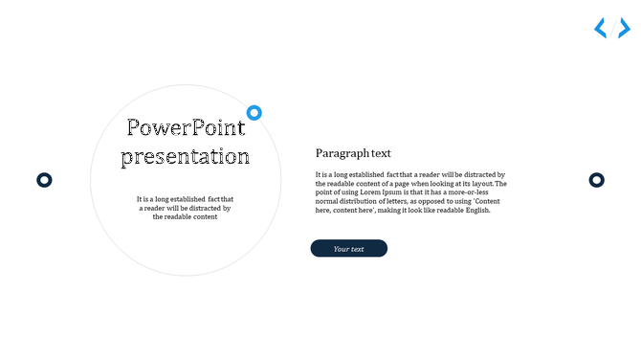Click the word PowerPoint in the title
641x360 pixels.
[x=186, y=128]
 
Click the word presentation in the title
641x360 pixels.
[x=186, y=156]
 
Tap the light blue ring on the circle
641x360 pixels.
[x=254, y=113]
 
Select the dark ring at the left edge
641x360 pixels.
[x=44, y=180]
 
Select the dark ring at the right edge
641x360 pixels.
[x=596, y=180]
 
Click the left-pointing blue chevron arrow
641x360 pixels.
[x=601, y=29]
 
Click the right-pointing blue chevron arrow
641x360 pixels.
[x=624, y=29]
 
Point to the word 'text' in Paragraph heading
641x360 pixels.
[x=381, y=153]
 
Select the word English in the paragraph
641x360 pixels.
[x=476, y=211]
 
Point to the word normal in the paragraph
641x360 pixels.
[x=326, y=202]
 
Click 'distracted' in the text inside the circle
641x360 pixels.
[x=202, y=208]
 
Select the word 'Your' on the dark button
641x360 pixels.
[x=341, y=249]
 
